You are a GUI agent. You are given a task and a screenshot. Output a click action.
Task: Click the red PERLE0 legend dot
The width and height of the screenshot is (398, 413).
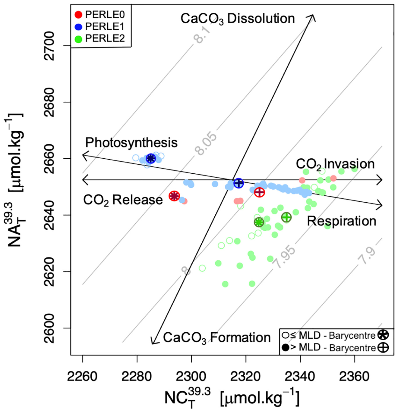click(x=78, y=15)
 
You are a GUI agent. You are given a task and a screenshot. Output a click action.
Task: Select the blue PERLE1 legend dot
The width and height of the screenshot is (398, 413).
click(x=78, y=27)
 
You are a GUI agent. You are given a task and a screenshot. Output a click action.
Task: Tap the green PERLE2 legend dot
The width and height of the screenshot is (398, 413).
click(x=78, y=39)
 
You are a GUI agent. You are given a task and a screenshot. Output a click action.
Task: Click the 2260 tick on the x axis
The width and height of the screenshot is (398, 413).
click(x=82, y=377)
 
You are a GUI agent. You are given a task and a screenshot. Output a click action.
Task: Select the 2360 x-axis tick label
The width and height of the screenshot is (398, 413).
click(x=354, y=377)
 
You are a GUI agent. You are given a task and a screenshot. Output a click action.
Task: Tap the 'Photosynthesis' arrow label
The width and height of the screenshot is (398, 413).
click(x=131, y=143)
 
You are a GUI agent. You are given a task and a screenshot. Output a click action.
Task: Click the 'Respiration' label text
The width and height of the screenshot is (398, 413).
click(x=341, y=221)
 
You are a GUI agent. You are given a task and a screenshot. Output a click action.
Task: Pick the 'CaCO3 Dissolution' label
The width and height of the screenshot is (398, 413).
click(x=238, y=19)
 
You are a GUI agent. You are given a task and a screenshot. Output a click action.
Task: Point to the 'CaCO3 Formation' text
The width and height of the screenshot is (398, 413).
click(x=216, y=338)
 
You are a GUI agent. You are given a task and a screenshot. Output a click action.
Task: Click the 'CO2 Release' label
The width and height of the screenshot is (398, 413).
click(x=123, y=200)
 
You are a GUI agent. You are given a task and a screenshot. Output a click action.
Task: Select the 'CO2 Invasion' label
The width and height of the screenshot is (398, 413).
click(x=335, y=164)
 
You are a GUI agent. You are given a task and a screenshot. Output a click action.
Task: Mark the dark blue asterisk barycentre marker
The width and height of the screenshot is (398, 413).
click(x=150, y=159)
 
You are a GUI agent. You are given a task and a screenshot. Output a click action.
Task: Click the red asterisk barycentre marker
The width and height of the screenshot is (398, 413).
click(x=174, y=196)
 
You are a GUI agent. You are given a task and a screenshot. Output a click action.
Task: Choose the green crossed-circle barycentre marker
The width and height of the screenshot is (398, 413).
click(x=286, y=217)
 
